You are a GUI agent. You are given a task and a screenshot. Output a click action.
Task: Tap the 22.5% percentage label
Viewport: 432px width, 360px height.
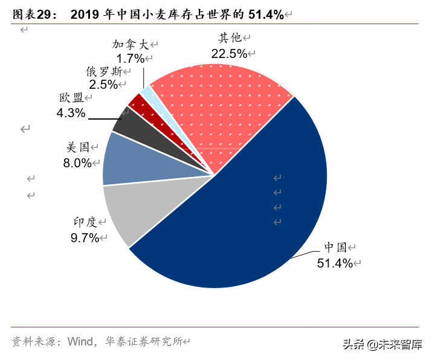point(228,53)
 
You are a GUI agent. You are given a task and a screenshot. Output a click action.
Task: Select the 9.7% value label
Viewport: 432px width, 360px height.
point(85,238)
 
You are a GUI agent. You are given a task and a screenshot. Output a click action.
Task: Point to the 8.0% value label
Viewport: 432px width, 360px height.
point(77,162)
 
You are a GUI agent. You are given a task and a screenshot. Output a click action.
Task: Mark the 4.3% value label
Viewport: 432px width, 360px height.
point(71,112)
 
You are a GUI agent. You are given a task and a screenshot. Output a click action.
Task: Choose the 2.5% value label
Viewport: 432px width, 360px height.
point(103,85)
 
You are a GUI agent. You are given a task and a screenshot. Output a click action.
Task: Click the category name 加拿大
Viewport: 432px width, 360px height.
point(131,45)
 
